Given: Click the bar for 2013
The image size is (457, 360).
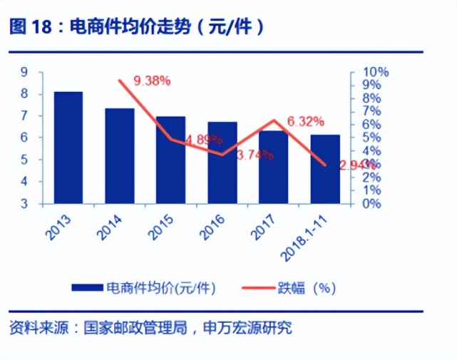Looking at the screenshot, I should point(68,148).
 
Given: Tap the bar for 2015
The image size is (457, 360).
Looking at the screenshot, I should point(170,160).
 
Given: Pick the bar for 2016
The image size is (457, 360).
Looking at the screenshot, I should point(222,163).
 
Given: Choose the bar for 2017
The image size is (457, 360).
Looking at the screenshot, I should point(273,167).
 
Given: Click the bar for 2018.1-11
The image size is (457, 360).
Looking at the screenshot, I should point(324,169).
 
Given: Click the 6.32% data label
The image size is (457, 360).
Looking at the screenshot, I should point(305,121).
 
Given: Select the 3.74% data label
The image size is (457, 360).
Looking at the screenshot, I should point(255,155).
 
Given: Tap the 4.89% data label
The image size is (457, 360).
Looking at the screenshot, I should point(203,140).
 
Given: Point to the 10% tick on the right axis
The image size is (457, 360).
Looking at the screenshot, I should point(375,72).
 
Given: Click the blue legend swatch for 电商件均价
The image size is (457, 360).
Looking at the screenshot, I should point(88,287).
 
